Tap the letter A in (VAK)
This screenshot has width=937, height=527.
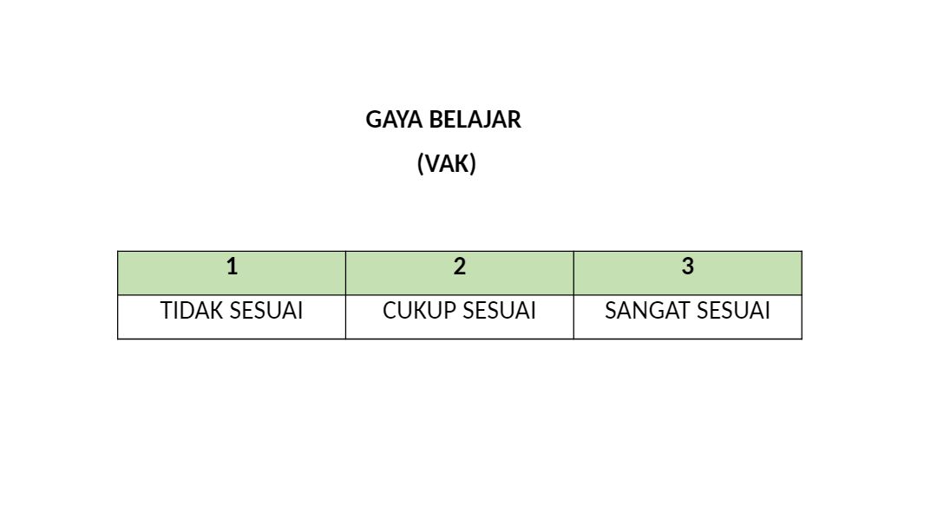click(446, 163)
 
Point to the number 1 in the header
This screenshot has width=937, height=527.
click(232, 267)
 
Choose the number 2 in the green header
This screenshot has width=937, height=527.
click(460, 267)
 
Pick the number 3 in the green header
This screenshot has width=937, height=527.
click(688, 267)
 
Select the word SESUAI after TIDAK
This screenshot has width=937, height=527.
click(266, 311)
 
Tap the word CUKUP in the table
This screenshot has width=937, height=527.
click(419, 311)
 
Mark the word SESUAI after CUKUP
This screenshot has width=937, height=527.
click(499, 311)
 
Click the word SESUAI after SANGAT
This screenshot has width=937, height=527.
click(733, 311)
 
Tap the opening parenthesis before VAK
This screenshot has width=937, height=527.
click(420, 164)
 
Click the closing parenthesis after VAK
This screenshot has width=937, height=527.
click(473, 164)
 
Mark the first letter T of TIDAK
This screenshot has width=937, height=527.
click(166, 311)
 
